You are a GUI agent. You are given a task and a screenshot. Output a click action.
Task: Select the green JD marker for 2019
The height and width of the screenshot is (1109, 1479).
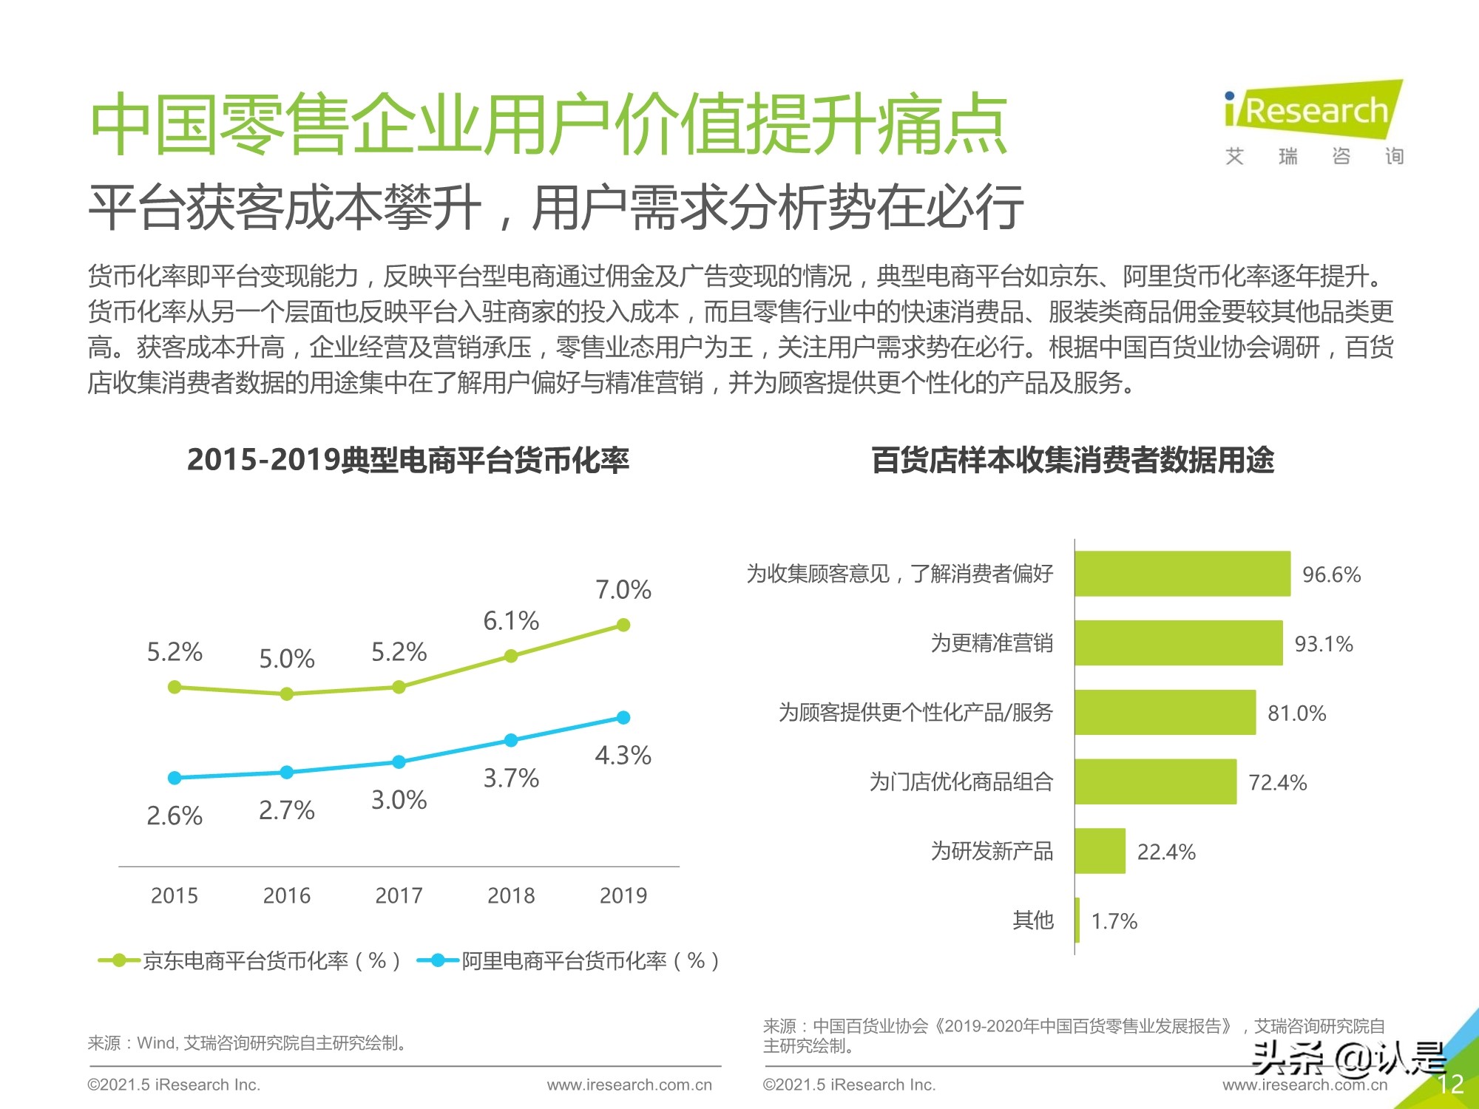(x=623, y=625)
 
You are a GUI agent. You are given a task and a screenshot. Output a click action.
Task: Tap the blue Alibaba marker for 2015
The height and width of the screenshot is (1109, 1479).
(x=175, y=778)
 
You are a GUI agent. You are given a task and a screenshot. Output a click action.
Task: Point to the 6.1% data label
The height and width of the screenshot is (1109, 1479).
(x=511, y=621)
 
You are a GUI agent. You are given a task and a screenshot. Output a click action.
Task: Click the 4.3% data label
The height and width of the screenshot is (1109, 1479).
(x=623, y=756)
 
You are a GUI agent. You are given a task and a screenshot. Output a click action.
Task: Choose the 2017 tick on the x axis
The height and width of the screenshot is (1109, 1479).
(x=399, y=895)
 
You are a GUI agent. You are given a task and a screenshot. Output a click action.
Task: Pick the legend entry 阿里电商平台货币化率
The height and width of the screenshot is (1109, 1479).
(x=569, y=960)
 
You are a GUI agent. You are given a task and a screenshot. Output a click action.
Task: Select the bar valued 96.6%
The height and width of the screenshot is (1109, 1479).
(x=1182, y=574)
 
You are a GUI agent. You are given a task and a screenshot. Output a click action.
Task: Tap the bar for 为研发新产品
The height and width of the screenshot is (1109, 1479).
(x=1100, y=851)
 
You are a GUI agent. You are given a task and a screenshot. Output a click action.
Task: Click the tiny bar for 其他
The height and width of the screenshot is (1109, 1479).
(x=1077, y=920)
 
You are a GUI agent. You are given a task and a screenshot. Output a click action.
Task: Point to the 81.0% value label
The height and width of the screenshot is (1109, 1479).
(x=1296, y=713)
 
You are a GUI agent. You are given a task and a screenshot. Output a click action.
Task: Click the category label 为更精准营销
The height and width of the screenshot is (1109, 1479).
(x=991, y=643)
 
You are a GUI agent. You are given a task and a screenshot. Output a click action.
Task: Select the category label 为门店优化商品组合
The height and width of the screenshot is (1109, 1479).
(x=961, y=781)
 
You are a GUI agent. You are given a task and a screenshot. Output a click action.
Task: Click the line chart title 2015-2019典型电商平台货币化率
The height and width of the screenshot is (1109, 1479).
(x=407, y=460)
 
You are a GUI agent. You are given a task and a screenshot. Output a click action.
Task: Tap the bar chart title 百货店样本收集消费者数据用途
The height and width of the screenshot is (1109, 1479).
(x=1072, y=460)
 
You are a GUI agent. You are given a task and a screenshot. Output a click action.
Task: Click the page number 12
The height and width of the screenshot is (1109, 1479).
(x=1450, y=1084)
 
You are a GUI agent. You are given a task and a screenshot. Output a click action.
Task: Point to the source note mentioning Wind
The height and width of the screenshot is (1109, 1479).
(x=248, y=1043)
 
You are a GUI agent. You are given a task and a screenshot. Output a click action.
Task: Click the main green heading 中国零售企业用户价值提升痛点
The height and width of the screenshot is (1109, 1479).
(x=548, y=123)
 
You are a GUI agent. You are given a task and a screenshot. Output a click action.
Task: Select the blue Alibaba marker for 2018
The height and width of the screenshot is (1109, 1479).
(x=511, y=740)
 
